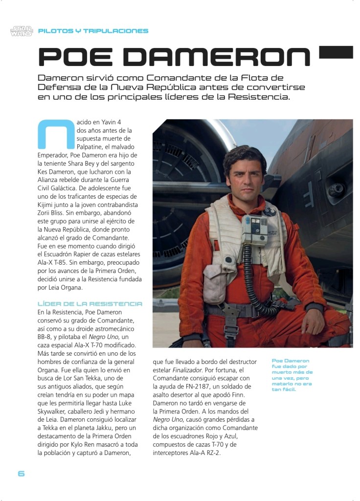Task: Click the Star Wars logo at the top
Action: click(21, 31)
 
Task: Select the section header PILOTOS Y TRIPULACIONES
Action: click(93, 31)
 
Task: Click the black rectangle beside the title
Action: click(336, 52)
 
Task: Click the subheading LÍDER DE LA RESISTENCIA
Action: click(90, 304)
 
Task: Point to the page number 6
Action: click(21, 474)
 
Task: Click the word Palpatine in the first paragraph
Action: click(93, 147)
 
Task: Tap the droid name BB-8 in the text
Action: click(46, 337)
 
